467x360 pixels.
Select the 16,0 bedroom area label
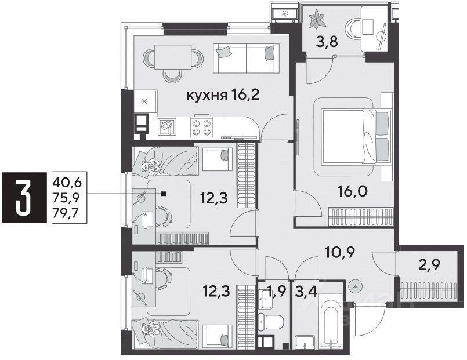pos(352,191)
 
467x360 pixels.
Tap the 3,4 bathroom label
pos(305,290)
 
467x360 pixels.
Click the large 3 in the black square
pos(24,197)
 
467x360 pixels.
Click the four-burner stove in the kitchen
pos(202,128)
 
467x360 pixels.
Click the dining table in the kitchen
pos(173,57)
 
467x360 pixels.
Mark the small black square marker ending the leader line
pos(164,194)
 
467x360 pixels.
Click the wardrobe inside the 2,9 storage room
pos(429,290)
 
